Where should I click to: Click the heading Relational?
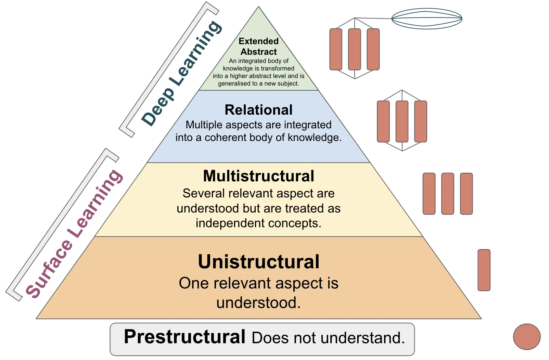pyautogui.click(x=258, y=110)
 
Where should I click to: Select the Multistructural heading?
pyautogui.click(x=258, y=176)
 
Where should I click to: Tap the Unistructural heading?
pyautogui.click(x=258, y=262)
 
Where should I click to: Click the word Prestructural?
pyautogui.click(x=184, y=337)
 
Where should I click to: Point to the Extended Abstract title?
pyautogui.click(x=258, y=47)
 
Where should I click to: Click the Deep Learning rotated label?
pyautogui.click(x=181, y=74)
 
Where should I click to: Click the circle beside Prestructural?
pyautogui.click(x=527, y=337)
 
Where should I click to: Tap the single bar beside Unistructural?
pyautogui.click(x=484, y=270)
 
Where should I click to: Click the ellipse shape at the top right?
pyautogui.click(x=426, y=18)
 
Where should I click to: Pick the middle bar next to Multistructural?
pyautogui.click(x=448, y=194)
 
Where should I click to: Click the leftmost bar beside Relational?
pyautogui.click(x=383, y=121)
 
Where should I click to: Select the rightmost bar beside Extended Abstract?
pyautogui.click(x=373, y=49)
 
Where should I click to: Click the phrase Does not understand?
pyautogui.click(x=328, y=338)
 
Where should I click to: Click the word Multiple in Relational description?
pyautogui.click(x=204, y=125)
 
